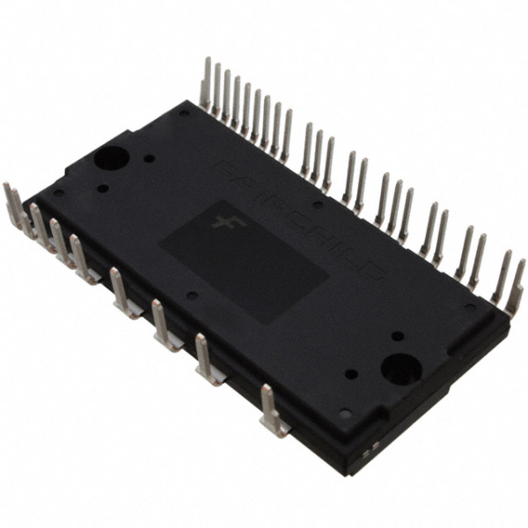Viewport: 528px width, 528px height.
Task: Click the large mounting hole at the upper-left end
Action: click(x=112, y=159)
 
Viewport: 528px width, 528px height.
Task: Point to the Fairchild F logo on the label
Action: click(x=221, y=220)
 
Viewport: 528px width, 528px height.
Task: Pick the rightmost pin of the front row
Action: click(x=272, y=412)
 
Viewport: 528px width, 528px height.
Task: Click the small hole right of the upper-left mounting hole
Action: click(x=150, y=159)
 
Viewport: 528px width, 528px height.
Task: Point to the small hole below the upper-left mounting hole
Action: click(x=103, y=187)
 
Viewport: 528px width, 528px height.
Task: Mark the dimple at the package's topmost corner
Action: click(x=183, y=113)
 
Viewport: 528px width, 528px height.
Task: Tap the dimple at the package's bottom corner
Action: click(x=344, y=413)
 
